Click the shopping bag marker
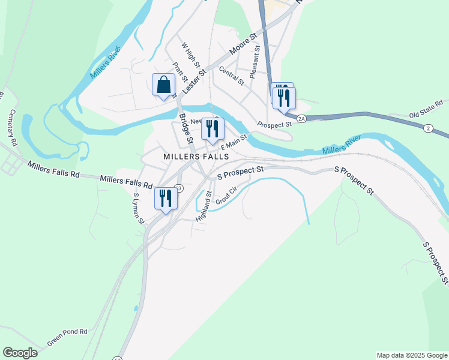[164, 85]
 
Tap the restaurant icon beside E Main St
[212, 129]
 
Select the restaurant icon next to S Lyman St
[166, 199]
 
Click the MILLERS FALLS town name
[196, 156]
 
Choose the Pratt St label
[180, 72]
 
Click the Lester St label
[194, 80]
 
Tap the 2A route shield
[302, 119]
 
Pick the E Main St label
[234, 142]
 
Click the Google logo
[20, 353]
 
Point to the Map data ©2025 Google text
[411, 355]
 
